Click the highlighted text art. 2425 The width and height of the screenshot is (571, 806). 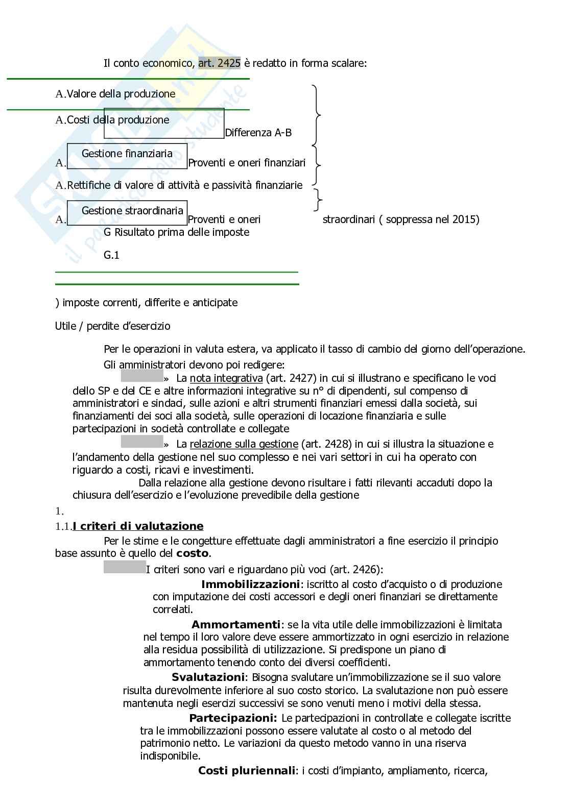tap(219, 63)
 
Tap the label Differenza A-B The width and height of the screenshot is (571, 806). tap(258, 133)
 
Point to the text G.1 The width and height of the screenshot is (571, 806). tap(111, 255)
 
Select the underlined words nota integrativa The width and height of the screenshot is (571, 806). tap(226, 378)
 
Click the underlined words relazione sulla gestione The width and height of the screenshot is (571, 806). tap(244, 444)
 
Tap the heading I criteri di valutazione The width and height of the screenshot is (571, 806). tap(138, 526)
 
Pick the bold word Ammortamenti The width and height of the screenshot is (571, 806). tap(235, 624)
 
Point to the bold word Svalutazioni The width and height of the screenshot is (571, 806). tap(208, 677)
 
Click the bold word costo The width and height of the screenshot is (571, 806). tap(192, 553)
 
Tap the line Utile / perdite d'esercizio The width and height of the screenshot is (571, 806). tap(112, 326)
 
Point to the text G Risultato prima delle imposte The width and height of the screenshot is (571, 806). tap(176, 232)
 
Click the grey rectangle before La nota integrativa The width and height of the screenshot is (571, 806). tap(141, 377)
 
